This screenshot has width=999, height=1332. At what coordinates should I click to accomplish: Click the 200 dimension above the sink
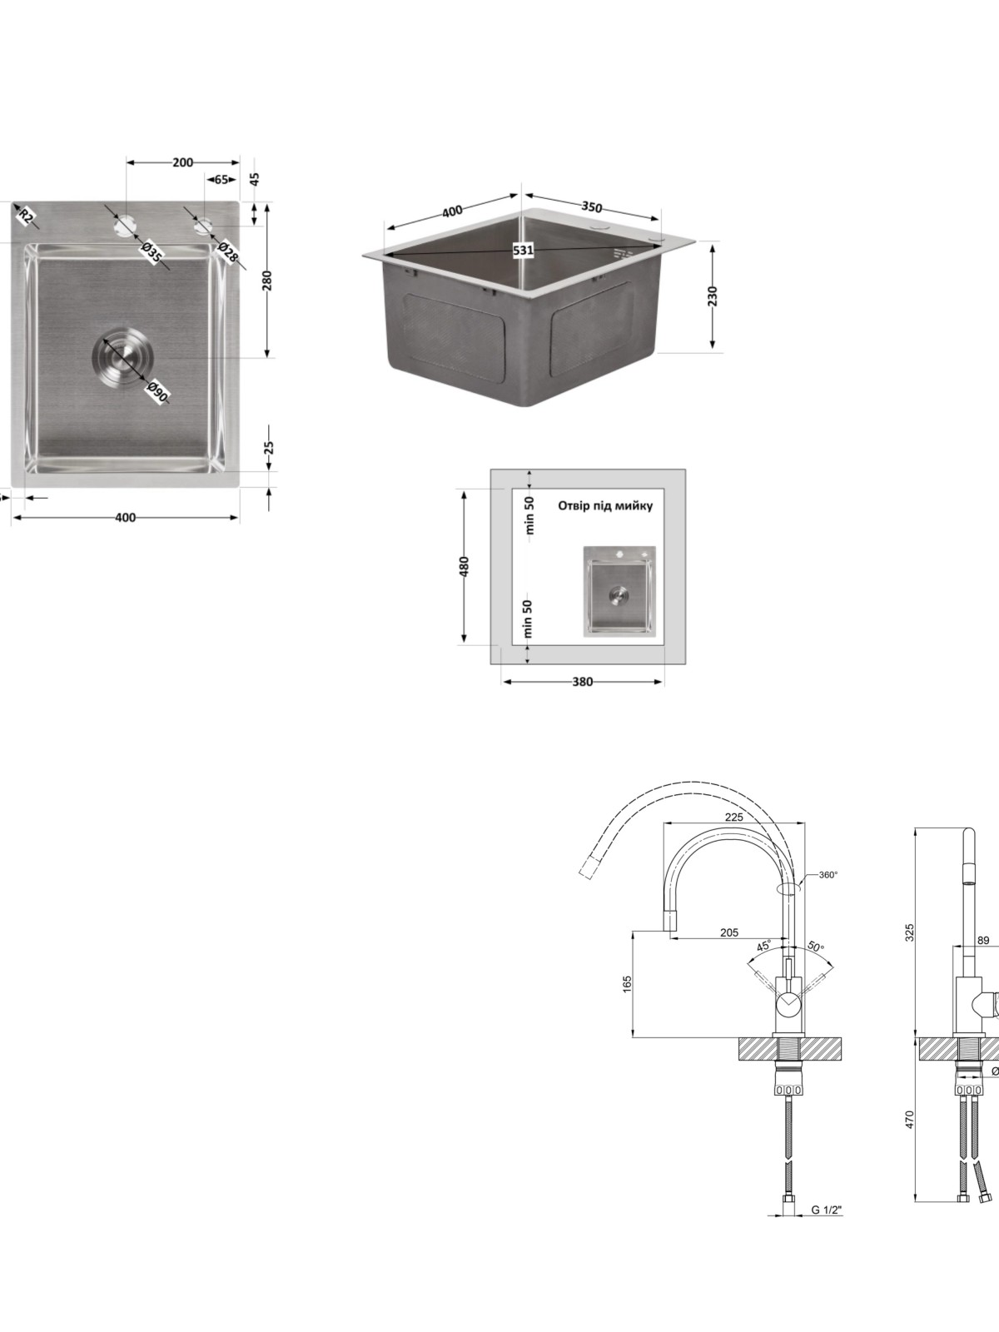[x=182, y=162]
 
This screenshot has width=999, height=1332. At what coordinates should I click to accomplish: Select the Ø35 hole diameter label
[x=152, y=252]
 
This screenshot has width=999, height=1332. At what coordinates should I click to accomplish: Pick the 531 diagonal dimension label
[x=523, y=250]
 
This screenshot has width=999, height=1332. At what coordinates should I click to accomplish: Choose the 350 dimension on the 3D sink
[x=591, y=207]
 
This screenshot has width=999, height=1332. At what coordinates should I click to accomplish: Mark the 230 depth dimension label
[x=712, y=296]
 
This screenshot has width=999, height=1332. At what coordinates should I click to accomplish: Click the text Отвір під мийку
[x=605, y=505]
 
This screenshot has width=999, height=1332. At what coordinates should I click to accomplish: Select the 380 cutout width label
[x=582, y=682]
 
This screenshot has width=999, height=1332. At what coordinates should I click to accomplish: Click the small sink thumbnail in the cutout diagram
[x=619, y=591]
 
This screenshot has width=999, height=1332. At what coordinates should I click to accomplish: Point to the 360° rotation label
[x=828, y=874]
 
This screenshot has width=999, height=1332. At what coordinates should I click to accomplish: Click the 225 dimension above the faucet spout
[x=734, y=817]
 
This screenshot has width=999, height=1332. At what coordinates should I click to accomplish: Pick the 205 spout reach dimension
[x=729, y=932]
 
